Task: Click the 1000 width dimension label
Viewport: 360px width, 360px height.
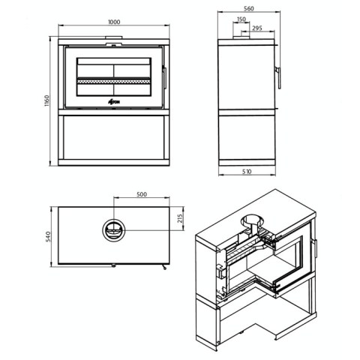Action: point(114,22)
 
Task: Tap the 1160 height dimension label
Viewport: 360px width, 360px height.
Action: point(47,100)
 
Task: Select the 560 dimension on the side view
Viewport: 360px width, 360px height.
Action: point(249,8)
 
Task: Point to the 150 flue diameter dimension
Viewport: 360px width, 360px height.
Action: point(241,19)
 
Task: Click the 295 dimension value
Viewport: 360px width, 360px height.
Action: point(257,28)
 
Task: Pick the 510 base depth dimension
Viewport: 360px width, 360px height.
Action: point(247,172)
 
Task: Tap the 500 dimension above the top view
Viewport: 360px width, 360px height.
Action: point(142,194)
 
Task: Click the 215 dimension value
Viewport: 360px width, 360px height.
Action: point(181,219)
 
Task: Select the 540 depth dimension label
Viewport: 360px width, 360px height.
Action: point(48,236)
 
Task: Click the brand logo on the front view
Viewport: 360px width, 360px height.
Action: point(114,101)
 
